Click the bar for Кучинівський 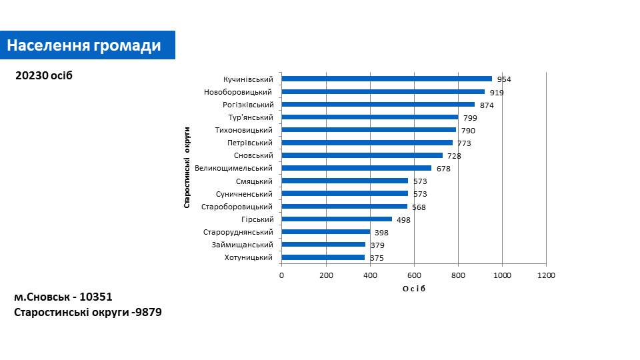tap(387, 79)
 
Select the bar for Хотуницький tap(323, 257)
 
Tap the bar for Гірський tap(337, 219)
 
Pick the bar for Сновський tap(362, 155)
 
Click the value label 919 tap(497, 93)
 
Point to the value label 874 tap(487, 105)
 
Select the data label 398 tap(381, 233)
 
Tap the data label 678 tap(443, 169)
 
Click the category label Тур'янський tap(250, 117)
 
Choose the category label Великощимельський tap(239, 168)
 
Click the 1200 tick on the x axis tap(546, 275)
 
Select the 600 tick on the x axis tap(414, 275)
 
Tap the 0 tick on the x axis tap(281, 275)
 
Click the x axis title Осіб tap(413, 288)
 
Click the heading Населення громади tap(85, 45)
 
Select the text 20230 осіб tap(43, 76)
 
